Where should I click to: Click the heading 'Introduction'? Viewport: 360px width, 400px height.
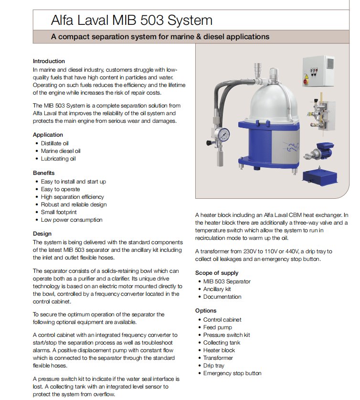49,61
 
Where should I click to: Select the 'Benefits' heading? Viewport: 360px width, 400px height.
44,173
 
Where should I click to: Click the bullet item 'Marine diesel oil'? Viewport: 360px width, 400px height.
61,151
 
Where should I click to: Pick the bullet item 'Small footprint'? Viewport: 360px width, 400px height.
62,212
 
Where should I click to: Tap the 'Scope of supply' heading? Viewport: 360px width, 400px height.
217,273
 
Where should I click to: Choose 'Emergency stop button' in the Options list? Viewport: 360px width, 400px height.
232,373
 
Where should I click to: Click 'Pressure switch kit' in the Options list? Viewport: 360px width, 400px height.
226,335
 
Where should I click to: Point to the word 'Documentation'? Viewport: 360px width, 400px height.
222,297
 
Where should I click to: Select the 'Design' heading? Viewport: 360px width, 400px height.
42,234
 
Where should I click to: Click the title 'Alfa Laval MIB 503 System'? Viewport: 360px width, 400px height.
131,20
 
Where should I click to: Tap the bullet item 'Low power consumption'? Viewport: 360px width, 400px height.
72,220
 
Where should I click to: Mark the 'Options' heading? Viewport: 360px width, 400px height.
206,311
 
